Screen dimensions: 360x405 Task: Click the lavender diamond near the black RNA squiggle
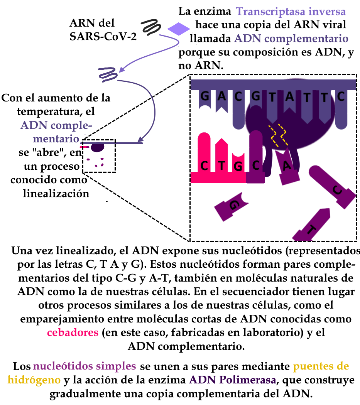pos(179,29)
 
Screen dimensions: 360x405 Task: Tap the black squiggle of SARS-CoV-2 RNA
pos(151,27)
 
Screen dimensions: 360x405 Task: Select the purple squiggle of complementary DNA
pos(108,74)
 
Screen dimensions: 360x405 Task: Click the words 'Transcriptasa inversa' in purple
pos(291,11)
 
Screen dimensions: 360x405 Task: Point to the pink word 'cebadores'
pos(73,332)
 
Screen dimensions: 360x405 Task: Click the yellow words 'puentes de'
pos(321,366)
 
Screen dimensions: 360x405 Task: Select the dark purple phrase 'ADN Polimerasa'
pos(233,380)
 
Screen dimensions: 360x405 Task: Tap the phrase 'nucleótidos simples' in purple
pos(85,366)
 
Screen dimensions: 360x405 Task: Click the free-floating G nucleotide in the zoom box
pos(231,206)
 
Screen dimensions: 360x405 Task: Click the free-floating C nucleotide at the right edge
pos(332,186)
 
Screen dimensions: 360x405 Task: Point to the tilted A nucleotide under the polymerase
pos(287,166)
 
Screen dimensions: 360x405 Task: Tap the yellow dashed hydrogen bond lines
pos(278,135)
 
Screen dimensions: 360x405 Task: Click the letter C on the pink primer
pos(204,166)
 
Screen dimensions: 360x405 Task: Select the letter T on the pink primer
pos(221,166)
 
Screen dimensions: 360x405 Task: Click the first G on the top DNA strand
pos(205,96)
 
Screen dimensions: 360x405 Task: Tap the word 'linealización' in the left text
pos(56,193)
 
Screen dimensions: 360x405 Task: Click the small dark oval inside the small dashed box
pos(98,147)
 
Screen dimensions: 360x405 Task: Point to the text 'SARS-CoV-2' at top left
pos(103,36)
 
